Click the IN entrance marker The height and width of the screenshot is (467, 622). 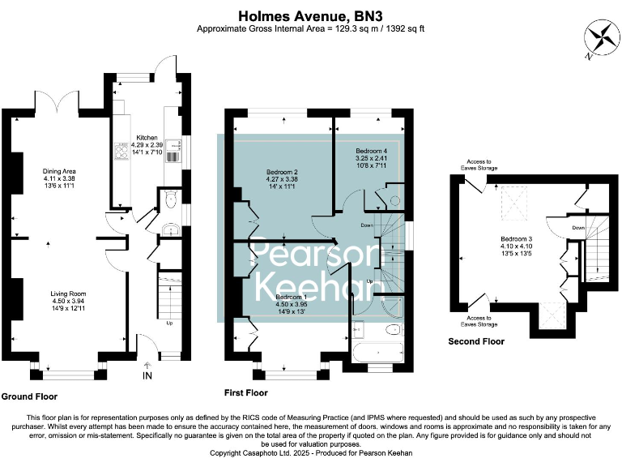pyautogui.click(x=147, y=375)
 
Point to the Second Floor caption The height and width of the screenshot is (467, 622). pyautogui.click(x=476, y=341)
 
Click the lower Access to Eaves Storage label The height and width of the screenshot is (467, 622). pyautogui.click(x=489, y=320)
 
